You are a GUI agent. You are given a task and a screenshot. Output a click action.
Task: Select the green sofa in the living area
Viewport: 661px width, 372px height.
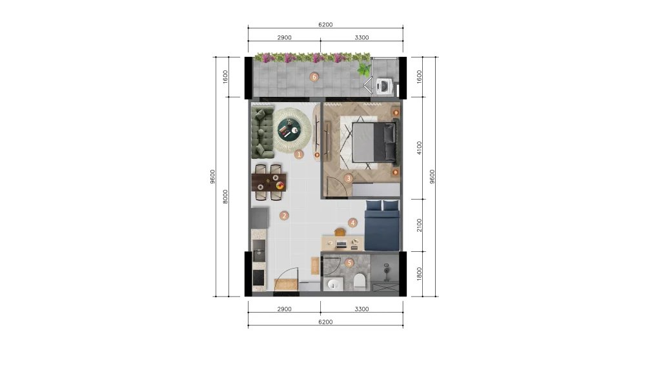click(x=262, y=132)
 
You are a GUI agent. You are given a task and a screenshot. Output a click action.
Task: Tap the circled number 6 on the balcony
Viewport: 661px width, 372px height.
click(x=314, y=77)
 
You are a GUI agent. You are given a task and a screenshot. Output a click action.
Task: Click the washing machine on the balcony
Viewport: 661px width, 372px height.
click(x=385, y=86)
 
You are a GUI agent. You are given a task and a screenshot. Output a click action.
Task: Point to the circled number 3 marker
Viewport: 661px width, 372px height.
click(x=348, y=178)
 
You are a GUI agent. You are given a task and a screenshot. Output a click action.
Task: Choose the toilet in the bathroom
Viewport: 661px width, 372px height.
click(x=360, y=282)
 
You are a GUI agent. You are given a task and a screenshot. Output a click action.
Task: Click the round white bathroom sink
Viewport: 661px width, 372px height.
click(x=334, y=284)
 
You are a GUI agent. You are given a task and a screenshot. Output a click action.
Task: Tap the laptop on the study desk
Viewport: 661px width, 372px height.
click(x=341, y=243)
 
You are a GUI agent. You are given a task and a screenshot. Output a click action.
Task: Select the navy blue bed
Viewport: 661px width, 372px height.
click(x=382, y=225)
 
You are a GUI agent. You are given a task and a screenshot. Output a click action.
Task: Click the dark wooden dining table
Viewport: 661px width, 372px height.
click(x=269, y=181)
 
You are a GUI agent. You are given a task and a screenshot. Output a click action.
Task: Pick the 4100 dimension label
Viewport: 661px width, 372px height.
click(x=419, y=148)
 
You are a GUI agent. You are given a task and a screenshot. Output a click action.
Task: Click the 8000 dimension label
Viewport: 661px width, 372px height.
click(x=225, y=196)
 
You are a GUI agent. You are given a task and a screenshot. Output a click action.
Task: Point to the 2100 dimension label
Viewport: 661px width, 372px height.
click(x=419, y=225)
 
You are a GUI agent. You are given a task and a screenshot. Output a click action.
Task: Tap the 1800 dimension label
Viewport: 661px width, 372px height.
click(x=419, y=274)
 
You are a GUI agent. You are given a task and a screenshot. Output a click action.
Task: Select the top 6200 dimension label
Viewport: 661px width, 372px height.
click(x=325, y=25)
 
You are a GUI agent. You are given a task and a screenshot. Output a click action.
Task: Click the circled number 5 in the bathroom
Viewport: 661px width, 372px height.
click(x=349, y=263)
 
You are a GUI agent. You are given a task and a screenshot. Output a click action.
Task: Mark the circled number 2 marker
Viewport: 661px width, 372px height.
click(x=284, y=216)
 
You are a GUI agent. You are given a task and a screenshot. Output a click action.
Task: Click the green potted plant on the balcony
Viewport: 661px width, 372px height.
click(x=363, y=69)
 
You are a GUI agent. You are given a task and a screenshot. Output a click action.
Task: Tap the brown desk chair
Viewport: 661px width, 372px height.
click(x=340, y=232)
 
